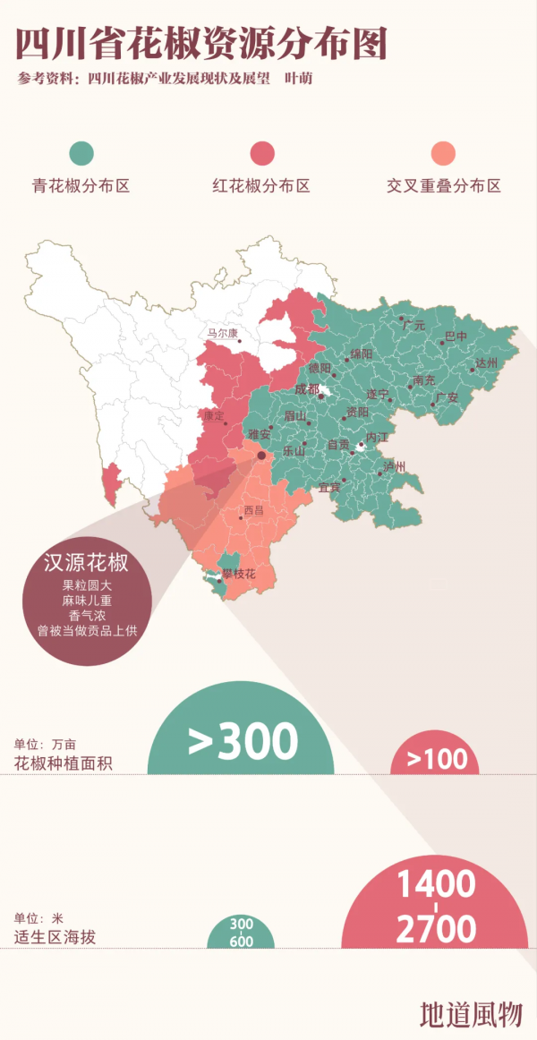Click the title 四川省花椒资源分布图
tap(201, 42)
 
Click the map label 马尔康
tap(223, 333)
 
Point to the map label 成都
tap(306, 388)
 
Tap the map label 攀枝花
tap(238, 574)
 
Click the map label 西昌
tap(254, 511)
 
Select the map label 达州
tap(485, 362)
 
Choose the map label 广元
tap(413, 325)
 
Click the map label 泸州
tap(394, 466)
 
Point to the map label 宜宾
tap(329, 487)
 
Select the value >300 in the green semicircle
tap(243, 741)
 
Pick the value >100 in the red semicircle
tap(437, 759)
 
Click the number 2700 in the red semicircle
tap(437, 929)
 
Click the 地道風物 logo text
tap(470, 1012)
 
